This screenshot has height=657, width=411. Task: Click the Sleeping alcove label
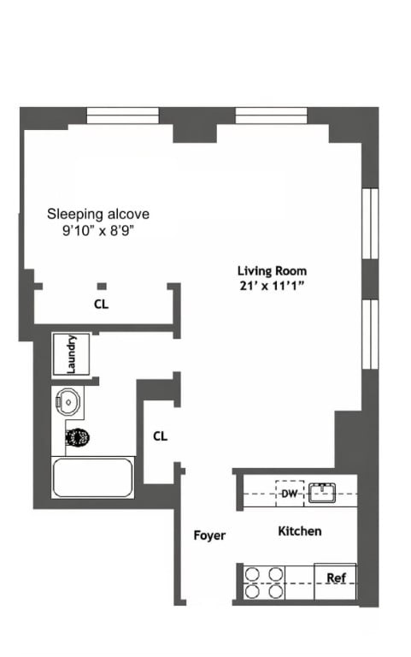tap(98, 214)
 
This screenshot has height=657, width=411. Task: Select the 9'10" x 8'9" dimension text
tap(98, 230)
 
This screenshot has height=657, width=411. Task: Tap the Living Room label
tap(272, 270)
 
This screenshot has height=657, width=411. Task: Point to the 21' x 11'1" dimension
tap(272, 286)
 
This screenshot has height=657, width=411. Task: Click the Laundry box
tap(71, 354)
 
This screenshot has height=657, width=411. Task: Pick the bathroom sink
tap(68, 401)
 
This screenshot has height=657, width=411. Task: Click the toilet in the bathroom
tap(77, 438)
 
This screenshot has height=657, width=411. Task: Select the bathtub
tap(93, 477)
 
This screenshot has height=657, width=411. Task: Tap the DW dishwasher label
tap(289, 494)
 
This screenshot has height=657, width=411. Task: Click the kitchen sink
tap(322, 493)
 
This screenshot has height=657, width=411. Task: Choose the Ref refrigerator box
tap(335, 582)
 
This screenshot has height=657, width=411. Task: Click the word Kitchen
tap(300, 531)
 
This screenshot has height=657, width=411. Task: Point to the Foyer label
tap(209, 535)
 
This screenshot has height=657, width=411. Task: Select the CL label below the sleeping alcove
tap(102, 305)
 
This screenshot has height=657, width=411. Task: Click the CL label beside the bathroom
tap(161, 436)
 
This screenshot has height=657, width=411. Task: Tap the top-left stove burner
tap(252, 574)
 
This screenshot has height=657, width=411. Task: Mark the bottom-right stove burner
tap(276, 592)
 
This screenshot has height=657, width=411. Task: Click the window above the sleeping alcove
tap(123, 115)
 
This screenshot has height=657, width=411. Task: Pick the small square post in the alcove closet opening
tap(102, 287)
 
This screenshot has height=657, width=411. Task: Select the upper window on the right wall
tap(370, 224)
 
